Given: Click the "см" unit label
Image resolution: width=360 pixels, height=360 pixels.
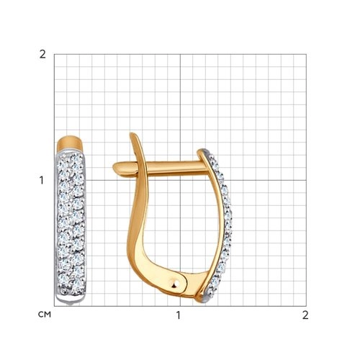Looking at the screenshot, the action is click(x=45, y=315).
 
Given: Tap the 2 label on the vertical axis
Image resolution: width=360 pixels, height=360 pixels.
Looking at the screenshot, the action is click(x=42, y=55).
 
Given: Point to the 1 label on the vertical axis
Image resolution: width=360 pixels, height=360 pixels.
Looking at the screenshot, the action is click(x=42, y=180).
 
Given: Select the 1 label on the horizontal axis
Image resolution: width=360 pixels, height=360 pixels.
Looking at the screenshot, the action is click(x=178, y=315).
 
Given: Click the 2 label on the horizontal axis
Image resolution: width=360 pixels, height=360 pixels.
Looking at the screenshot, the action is click(x=305, y=315).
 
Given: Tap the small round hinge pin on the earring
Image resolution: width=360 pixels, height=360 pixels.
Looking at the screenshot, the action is click(x=176, y=284).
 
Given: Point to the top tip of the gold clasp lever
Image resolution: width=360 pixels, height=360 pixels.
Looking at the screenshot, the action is click(x=132, y=135).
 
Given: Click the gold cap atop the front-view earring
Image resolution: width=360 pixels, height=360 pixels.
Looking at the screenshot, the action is click(x=70, y=143).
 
